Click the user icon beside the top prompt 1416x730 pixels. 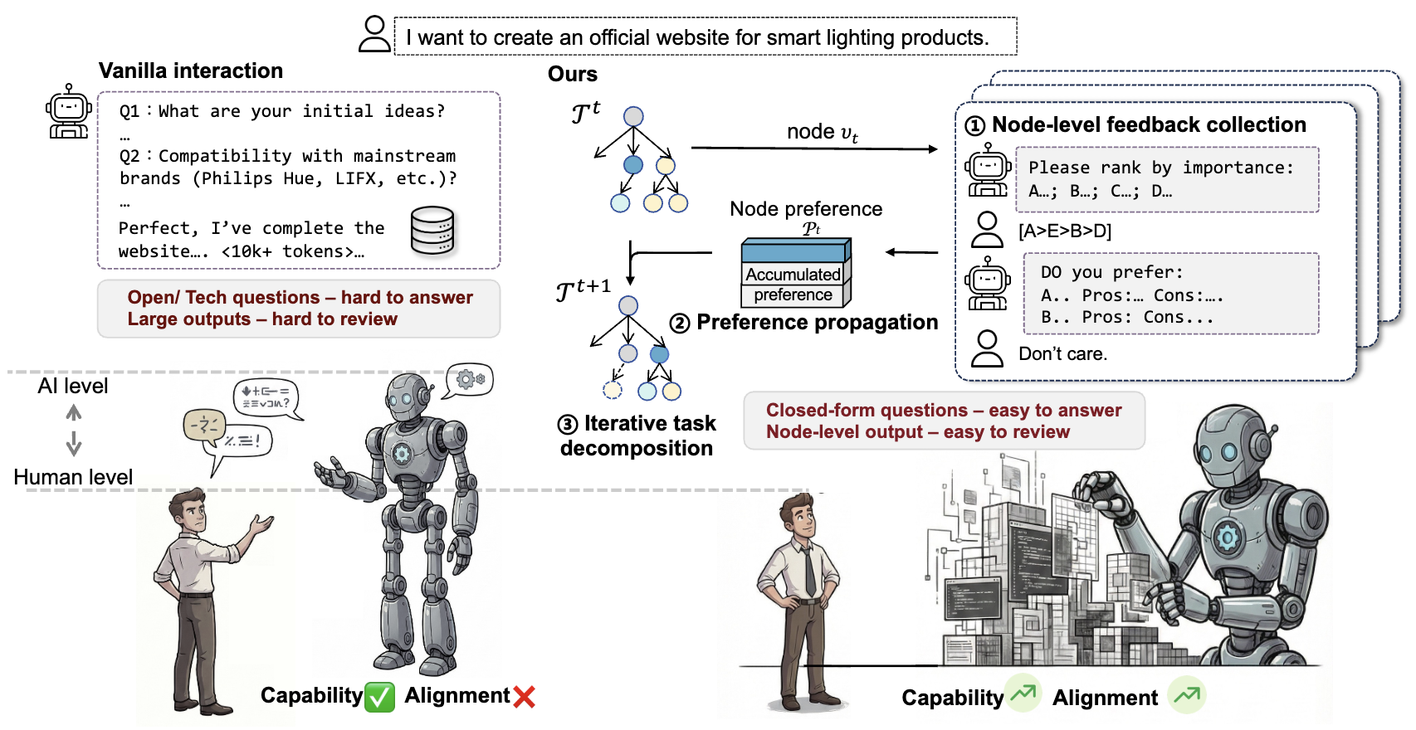pos(374,35)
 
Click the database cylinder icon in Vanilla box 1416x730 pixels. pos(433,230)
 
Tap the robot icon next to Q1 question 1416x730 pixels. pos(68,112)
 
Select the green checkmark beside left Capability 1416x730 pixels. pos(380,697)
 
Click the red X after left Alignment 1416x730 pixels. pos(524,697)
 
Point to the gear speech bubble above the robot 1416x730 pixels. pos(470,380)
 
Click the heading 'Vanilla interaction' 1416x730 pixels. pos(191,71)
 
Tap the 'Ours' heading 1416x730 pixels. pos(573,75)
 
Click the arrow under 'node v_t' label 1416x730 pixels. pos(813,148)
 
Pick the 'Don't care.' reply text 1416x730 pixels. pos(1062,354)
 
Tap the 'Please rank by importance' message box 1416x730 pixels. pos(1167,179)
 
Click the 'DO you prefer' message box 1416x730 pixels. pos(1170,294)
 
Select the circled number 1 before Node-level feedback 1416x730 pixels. pos(975,126)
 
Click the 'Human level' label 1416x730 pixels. pos(73,478)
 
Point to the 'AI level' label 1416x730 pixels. pos(73,387)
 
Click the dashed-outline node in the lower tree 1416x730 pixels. pos(613,390)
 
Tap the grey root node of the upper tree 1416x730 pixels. pos(633,116)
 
